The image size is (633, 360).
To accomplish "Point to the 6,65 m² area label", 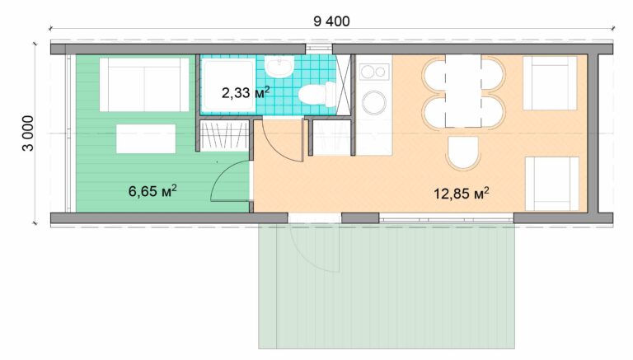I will [x=153, y=192].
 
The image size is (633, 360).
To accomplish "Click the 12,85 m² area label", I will [x=462, y=194].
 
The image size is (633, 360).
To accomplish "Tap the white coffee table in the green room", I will [x=145, y=138].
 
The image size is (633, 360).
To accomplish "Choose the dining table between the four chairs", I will [x=462, y=91].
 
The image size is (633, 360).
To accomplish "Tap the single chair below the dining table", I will [x=463, y=153].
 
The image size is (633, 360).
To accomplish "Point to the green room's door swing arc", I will [x=228, y=181].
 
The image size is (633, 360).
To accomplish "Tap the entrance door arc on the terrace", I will [x=315, y=247].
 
